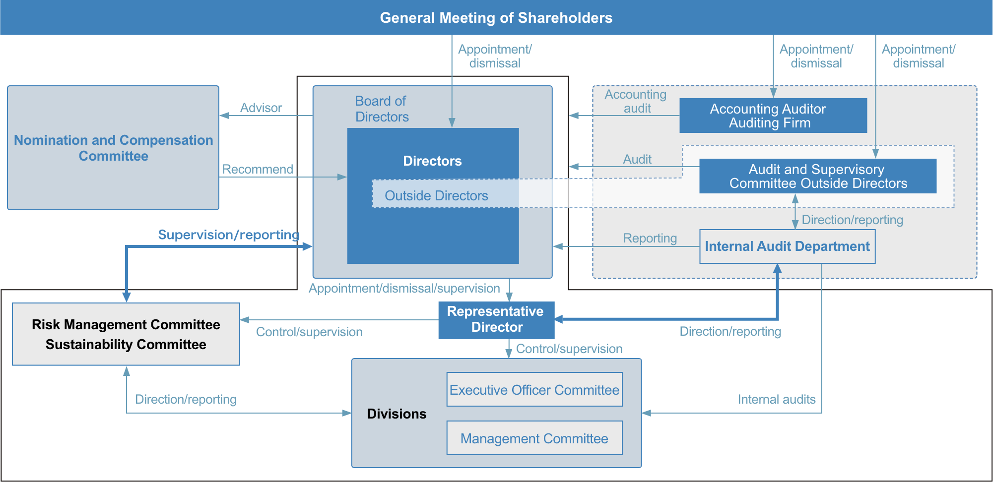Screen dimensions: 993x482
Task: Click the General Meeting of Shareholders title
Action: [x=496, y=18]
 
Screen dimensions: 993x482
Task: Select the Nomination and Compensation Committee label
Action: [x=114, y=148]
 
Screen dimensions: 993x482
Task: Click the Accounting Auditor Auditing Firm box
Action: [x=773, y=116]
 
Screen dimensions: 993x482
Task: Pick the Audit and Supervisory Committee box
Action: [x=818, y=176]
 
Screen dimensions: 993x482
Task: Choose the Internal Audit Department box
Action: [x=788, y=246]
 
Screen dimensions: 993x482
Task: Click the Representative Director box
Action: [x=496, y=320]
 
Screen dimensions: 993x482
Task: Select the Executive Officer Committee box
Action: [x=534, y=389]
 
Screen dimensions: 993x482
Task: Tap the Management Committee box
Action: [x=534, y=438]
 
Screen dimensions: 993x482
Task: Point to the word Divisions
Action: [x=397, y=414]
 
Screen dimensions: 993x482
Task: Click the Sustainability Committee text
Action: [x=126, y=345]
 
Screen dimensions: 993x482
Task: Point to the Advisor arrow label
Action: [x=261, y=108]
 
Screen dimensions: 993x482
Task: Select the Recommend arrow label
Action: [x=258, y=169]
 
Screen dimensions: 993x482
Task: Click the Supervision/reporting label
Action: [x=229, y=235]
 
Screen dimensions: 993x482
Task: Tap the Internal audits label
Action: [x=777, y=399]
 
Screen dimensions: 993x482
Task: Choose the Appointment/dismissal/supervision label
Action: [x=404, y=288]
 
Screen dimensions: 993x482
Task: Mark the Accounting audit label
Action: [x=636, y=101]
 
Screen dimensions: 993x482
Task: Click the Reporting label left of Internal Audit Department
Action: [x=650, y=239]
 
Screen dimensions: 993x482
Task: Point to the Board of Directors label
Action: [x=382, y=109]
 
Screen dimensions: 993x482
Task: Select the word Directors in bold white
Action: [x=432, y=161]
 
